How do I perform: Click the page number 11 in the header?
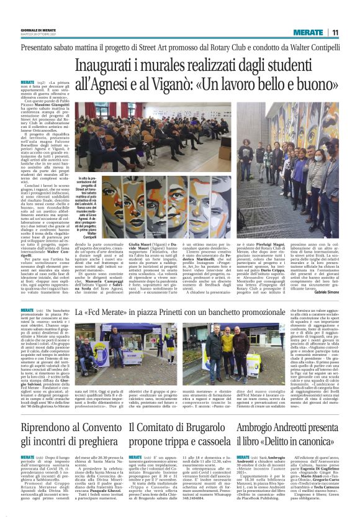(334, 32)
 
